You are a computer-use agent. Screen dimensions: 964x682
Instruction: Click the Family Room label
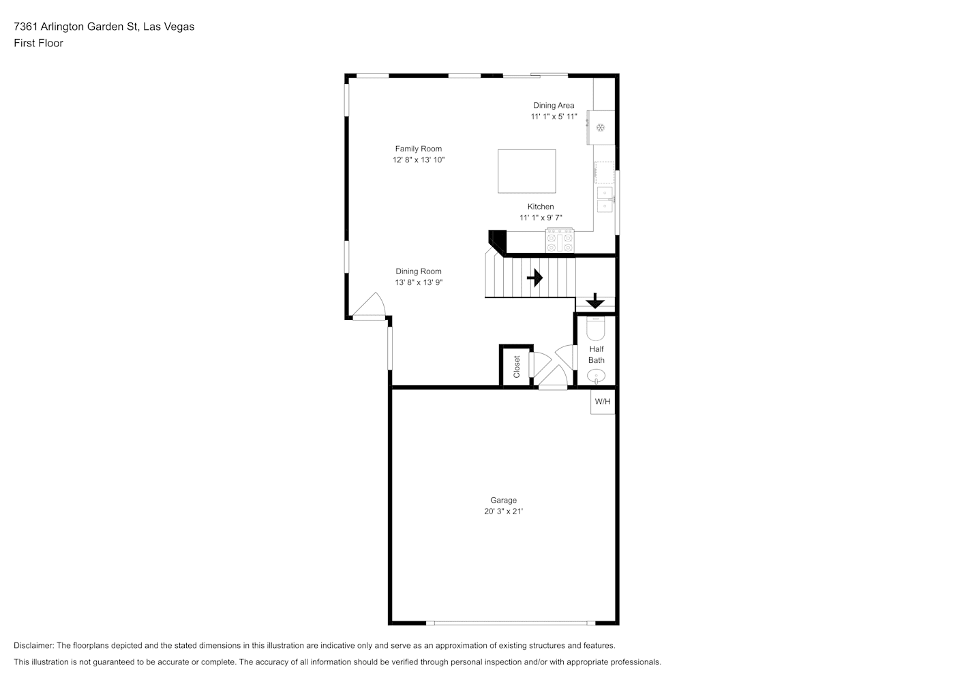(419, 149)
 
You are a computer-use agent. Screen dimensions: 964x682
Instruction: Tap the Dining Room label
(419, 271)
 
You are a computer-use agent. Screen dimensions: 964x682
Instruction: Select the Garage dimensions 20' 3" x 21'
(503, 511)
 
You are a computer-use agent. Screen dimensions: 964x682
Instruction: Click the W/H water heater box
(603, 402)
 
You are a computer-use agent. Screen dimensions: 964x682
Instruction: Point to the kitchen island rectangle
(527, 171)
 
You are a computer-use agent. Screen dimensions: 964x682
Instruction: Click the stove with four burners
(560, 240)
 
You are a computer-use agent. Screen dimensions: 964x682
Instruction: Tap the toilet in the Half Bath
(596, 329)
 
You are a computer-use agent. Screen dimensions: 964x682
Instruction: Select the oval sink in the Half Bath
(596, 376)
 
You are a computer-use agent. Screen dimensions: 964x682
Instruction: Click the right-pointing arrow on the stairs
(535, 278)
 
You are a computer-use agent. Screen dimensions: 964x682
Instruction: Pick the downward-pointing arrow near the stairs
(595, 301)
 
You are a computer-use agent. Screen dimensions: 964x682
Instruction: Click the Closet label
(517, 367)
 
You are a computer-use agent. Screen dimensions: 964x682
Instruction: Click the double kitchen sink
(605, 199)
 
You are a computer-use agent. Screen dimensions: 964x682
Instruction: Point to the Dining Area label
(554, 105)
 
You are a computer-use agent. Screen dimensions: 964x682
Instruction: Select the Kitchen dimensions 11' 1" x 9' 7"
(541, 218)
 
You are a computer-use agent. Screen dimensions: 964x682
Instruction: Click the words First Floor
(38, 43)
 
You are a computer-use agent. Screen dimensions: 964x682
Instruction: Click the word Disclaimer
(34, 645)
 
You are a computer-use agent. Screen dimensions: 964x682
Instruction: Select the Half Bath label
(597, 355)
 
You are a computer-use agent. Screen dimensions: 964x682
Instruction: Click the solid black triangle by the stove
(499, 240)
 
